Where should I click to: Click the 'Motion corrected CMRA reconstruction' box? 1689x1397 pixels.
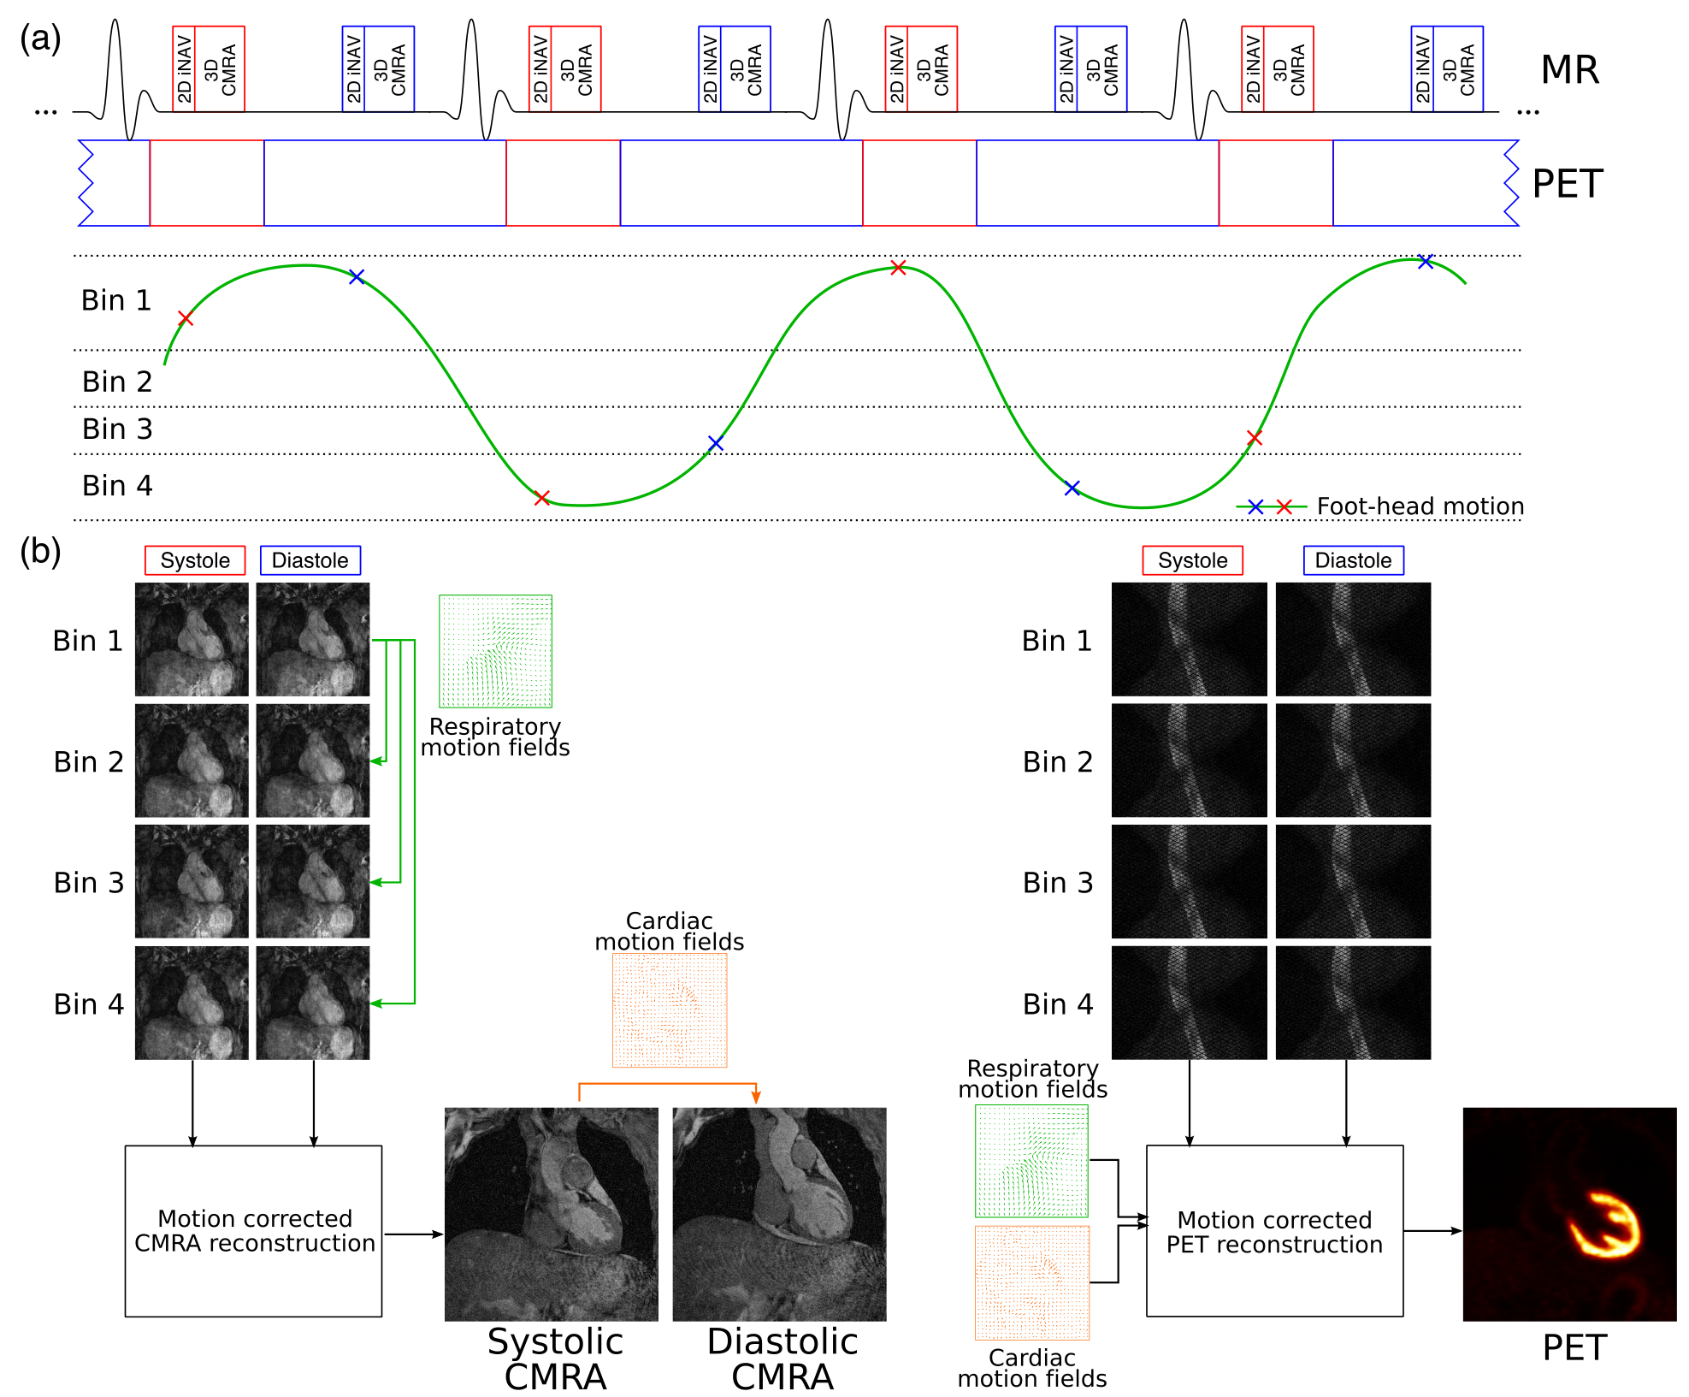click(x=253, y=1230)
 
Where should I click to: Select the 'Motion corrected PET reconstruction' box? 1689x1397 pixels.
click(x=1274, y=1230)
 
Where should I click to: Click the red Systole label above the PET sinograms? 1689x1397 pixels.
click(x=1192, y=560)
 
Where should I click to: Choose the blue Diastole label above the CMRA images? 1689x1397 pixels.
click(x=310, y=560)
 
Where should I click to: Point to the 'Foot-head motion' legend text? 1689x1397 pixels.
click(x=1420, y=506)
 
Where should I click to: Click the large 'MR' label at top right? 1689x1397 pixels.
click(x=1569, y=70)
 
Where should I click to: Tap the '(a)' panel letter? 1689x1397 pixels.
click(x=40, y=38)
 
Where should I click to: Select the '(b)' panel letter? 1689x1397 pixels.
click(x=40, y=552)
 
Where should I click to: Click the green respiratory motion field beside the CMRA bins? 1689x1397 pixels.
click(x=495, y=651)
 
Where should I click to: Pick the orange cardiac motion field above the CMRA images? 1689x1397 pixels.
click(x=670, y=1010)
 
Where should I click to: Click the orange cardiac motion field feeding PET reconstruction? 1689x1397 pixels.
click(x=1032, y=1282)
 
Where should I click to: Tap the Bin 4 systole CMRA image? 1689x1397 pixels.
click(x=192, y=1003)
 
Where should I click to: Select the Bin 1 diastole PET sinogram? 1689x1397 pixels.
click(x=1353, y=639)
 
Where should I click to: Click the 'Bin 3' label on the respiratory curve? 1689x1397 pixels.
click(x=117, y=429)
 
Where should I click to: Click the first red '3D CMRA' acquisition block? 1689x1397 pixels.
click(x=220, y=69)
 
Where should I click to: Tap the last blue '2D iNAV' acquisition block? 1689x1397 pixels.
click(x=1422, y=69)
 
